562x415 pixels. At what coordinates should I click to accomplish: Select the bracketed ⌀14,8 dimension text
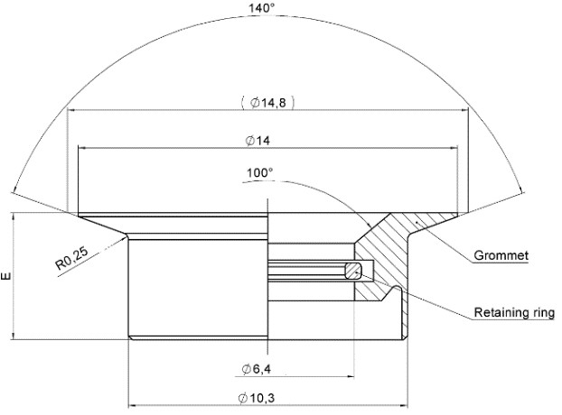268,102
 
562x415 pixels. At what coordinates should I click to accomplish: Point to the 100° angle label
259,172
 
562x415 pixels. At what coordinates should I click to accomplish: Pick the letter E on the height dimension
7,278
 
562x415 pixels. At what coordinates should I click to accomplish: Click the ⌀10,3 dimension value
261,398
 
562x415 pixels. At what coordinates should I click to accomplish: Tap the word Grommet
501,256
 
